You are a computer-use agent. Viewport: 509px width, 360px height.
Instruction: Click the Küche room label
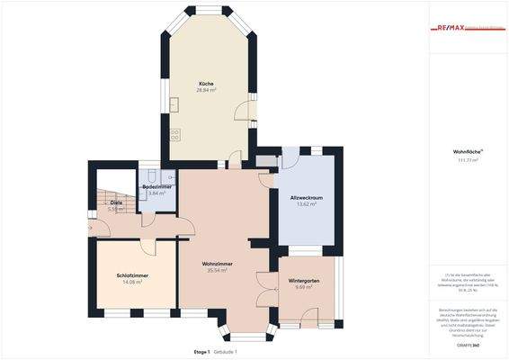click(207, 84)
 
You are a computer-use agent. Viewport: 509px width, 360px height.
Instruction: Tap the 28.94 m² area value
click(207, 90)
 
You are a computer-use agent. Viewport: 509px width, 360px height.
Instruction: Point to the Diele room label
click(116, 202)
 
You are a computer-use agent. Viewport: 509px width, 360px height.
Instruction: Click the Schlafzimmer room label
click(133, 274)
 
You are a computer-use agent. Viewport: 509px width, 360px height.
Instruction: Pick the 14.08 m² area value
click(133, 281)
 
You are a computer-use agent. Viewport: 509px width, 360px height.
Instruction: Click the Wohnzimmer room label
click(218, 263)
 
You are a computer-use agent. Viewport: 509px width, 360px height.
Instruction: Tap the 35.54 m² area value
click(218, 269)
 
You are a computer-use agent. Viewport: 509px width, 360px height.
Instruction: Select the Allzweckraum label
click(307, 197)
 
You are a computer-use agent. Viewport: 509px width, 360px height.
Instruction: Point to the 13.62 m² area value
click(307, 203)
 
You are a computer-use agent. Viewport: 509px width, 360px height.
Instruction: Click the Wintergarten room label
click(304, 281)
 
